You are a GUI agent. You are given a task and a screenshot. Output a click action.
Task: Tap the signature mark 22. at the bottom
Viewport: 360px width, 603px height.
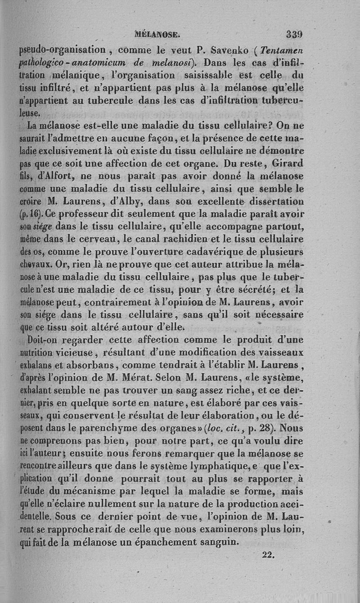tap(268, 555)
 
